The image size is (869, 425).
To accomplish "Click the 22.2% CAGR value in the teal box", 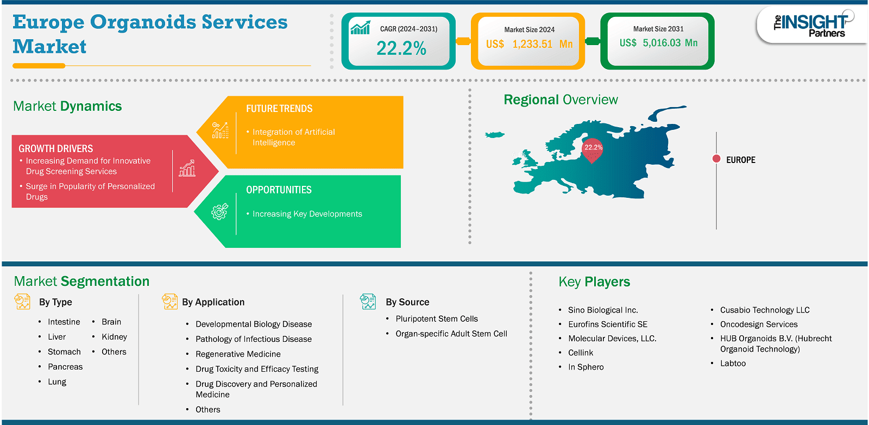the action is pyautogui.click(x=401, y=48).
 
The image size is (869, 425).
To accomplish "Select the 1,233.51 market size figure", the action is pyautogui.click(x=532, y=44).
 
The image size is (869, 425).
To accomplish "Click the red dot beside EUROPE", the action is pyautogui.click(x=716, y=159).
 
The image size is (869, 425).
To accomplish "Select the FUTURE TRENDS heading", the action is pyautogui.click(x=279, y=109).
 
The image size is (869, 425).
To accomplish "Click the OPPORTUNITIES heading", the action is pyautogui.click(x=279, y=190).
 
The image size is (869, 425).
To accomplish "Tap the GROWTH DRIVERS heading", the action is pyautogui.click(x=56, y=149).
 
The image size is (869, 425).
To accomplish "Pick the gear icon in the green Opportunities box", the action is pyautogui.click(x=219, y=211).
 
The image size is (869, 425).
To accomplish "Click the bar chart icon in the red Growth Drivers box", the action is pyautogui.click(x=187, y=168).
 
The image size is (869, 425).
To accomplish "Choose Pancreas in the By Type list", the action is pyautogui.click(x=65, y=367).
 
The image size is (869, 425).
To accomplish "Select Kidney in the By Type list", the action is pyautogui.click(x=115, y=337).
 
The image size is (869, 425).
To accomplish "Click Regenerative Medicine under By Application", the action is pyautogui.click(x=238, y=354).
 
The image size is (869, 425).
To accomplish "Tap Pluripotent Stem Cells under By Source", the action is pyautogui.click(x=437, y=318).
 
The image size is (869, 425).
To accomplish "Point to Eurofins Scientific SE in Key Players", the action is pyautogui.click(x=608, y=324).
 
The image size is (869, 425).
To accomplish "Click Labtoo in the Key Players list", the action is pyautogui.click(x=733, y=363).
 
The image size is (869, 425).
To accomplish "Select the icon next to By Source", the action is pyautogui.click(x=368, y=302).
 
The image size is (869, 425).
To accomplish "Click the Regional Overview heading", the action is pyautogui.click(x=561, y=100).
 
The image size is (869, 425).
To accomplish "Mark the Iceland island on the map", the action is pyautogui.click(x=495, y=135).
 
